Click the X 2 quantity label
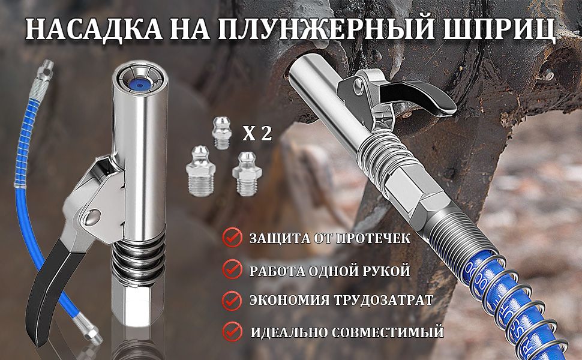[x=257, y=133]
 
